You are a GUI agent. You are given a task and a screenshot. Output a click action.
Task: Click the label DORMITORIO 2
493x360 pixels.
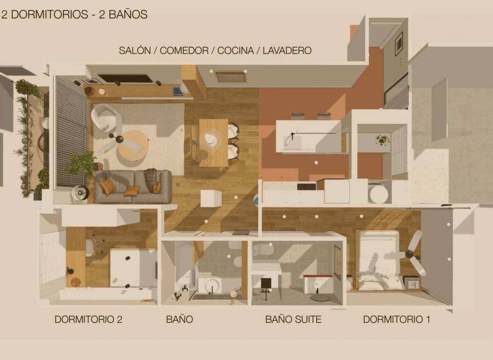pos(88,319)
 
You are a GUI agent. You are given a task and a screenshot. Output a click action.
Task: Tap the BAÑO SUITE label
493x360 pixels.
pos(293,319)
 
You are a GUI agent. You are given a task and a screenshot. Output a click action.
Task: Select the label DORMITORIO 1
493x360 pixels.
pos(396,319)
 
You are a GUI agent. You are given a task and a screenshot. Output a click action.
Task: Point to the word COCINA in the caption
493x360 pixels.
pos(235,50)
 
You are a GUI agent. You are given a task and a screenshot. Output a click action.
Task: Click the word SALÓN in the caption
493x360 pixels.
pos(135,50)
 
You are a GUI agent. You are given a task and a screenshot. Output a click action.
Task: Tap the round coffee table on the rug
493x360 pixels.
pos(133,145)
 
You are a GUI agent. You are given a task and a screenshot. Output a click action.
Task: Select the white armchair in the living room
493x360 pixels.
pos(105,117)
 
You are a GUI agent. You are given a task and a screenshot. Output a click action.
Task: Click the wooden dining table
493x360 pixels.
pos(213,142)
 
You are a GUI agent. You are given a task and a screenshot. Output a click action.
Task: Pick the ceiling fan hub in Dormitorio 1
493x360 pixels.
pos(409,253)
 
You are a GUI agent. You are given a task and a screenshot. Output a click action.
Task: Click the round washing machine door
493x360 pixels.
pos(379,194)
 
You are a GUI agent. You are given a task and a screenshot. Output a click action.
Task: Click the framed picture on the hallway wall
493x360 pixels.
pos(399,44)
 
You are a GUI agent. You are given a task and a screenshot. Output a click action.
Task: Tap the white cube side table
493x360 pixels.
pos(211,198)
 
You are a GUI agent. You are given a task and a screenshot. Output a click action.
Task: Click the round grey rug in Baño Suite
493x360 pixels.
pos(320,297)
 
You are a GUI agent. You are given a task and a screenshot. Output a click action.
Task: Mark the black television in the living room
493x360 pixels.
pos(126,78)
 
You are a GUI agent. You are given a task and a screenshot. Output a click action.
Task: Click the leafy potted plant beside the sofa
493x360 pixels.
pos(83,164)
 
